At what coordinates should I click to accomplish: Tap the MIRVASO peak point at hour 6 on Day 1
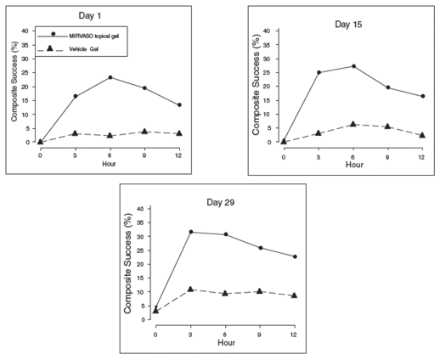[x=110, y=77]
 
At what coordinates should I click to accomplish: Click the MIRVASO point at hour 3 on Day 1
[x=76, y=96]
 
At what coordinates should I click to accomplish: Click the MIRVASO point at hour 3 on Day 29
[x=189, y=232]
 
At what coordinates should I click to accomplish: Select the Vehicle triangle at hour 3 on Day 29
[x=189, y=290]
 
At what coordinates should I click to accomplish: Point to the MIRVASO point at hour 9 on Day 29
[x=259, y=248]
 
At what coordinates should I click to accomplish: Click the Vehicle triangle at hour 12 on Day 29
[x=294, y=295]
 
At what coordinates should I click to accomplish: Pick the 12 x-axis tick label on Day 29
[x=294, y=335]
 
